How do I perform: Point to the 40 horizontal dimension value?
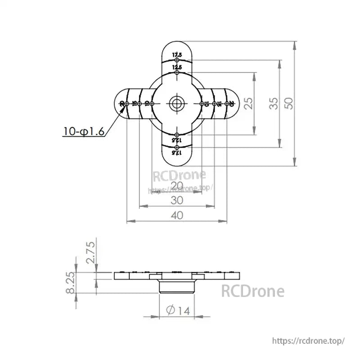177,216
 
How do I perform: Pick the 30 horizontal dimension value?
177,201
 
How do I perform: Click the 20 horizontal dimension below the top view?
177,185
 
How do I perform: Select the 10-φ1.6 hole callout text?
84,131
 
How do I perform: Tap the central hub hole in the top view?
176,103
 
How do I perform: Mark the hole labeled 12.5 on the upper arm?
177,72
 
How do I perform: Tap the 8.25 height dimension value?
71,283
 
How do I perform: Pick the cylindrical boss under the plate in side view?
177,286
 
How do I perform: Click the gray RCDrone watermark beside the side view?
252,291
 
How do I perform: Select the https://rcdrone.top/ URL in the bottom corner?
309,341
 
